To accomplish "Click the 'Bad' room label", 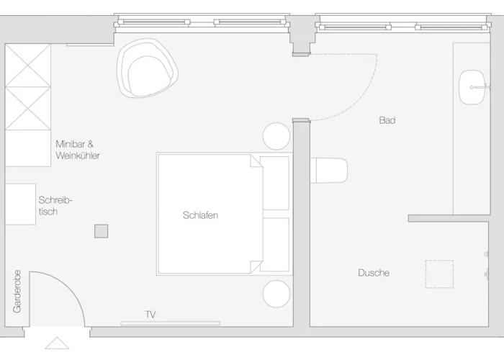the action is click(387, 120).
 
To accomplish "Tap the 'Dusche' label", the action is click(374, 273).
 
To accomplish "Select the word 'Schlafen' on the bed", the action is click(201, 215).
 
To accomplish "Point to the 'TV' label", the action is click(150, 315).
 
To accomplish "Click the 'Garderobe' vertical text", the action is click(17, 291).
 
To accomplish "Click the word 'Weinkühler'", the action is click(78, 156).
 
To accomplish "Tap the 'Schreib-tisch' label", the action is click(55, 206).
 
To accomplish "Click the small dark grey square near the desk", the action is click(102, 231).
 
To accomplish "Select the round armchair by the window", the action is click(147, 68).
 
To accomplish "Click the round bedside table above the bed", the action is click(276, 136).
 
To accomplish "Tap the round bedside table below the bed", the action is click(276, 294).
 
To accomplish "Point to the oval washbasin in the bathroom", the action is click(472, 87).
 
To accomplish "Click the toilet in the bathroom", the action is click(329, 171).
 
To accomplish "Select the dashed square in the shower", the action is click(439, 274).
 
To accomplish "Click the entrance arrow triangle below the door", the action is click(57, 343).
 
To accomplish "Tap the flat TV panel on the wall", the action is click(171, 323).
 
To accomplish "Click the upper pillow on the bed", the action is click(274, 183).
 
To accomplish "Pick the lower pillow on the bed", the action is click(274, 245).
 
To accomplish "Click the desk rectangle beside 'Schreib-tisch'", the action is click(20, 204).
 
